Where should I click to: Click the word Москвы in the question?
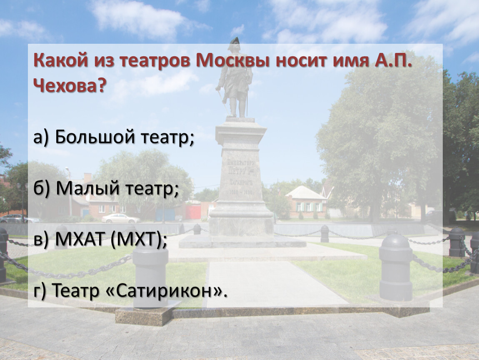pyautogui.click(x=233, y=60)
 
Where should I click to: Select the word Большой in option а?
pyautogui.click(x=95, y=137)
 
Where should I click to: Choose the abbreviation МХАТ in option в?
pyautogui.click(x=80, y=239)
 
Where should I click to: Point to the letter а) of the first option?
pyautogui.click(x=41, y=137)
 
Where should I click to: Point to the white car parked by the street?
pyautogui.click(x=120, y=218)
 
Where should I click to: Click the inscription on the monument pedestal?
pyautogui.click(x=241, y=177)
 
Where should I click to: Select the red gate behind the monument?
pyautogui.click(x=193, y=212)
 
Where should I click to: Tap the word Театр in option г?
pyautogui.click(x=75, y=290)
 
